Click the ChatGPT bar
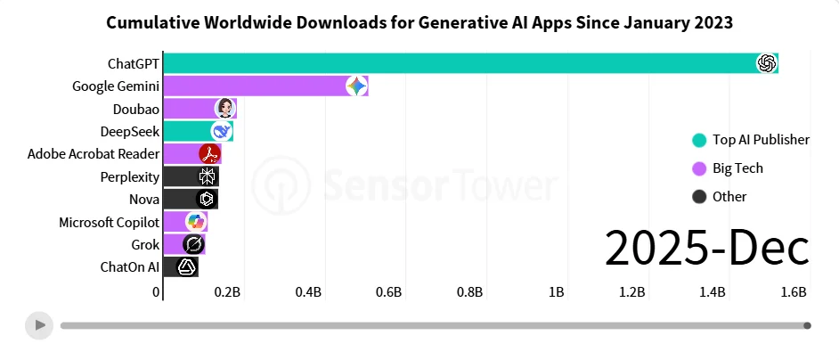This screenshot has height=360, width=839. coord(463,63)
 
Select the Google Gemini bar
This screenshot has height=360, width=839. coord(258,86)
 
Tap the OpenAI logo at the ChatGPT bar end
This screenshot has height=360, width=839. coord(766,63)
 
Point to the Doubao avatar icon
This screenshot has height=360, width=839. coord(225,109)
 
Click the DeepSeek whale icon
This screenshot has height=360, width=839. coord(221,131)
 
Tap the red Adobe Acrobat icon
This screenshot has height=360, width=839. coord(209,153)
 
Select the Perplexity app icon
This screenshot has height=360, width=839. coord(208,176)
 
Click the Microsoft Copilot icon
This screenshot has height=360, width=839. coord(195,222)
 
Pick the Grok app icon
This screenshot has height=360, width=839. coord(192,244)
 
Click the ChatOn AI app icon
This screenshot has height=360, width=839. coord(187,266)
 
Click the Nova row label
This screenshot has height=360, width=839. coord(144,200)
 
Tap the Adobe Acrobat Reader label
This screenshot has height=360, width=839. coord(94,153)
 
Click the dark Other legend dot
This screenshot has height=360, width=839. coord(699,197)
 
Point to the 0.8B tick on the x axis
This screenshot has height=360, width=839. coord(469,292)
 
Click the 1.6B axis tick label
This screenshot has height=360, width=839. coord(794,292)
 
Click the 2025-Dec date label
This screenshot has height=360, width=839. coord(706,247)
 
